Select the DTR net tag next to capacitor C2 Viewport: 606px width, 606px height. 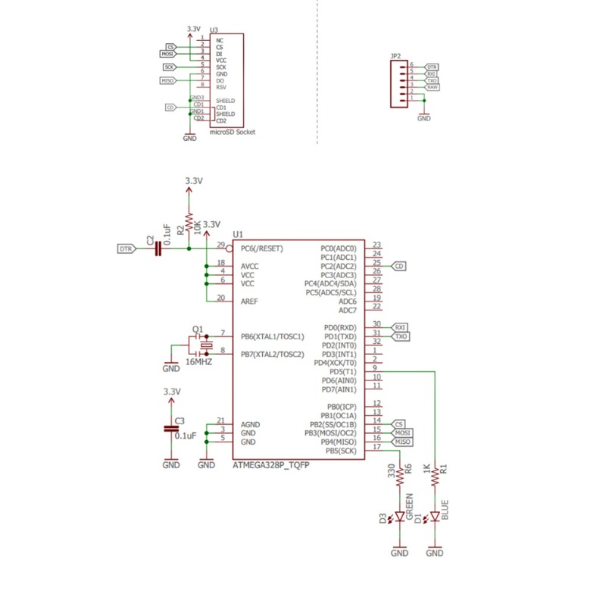click(x=126, y=248)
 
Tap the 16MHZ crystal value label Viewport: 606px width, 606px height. click(x=198, y=363)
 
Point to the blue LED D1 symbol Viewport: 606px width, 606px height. click(x=435, y=517)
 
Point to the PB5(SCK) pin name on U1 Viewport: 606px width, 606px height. click(x=339, y=451)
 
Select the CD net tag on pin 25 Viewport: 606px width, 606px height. click(x=398, y=266)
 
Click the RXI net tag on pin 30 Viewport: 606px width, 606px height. click(x=401, y=326)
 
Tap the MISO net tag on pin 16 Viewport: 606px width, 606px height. click(x=402, y=441)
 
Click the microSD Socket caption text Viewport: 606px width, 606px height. click(x=231, y=132)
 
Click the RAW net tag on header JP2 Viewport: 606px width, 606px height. click(x=432, y=87)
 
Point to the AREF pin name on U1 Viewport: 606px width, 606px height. click(x=249, y=301)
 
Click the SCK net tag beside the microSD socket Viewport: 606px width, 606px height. click(x=170, y=67)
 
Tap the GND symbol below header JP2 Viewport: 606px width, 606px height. click(x=424, y=118)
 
